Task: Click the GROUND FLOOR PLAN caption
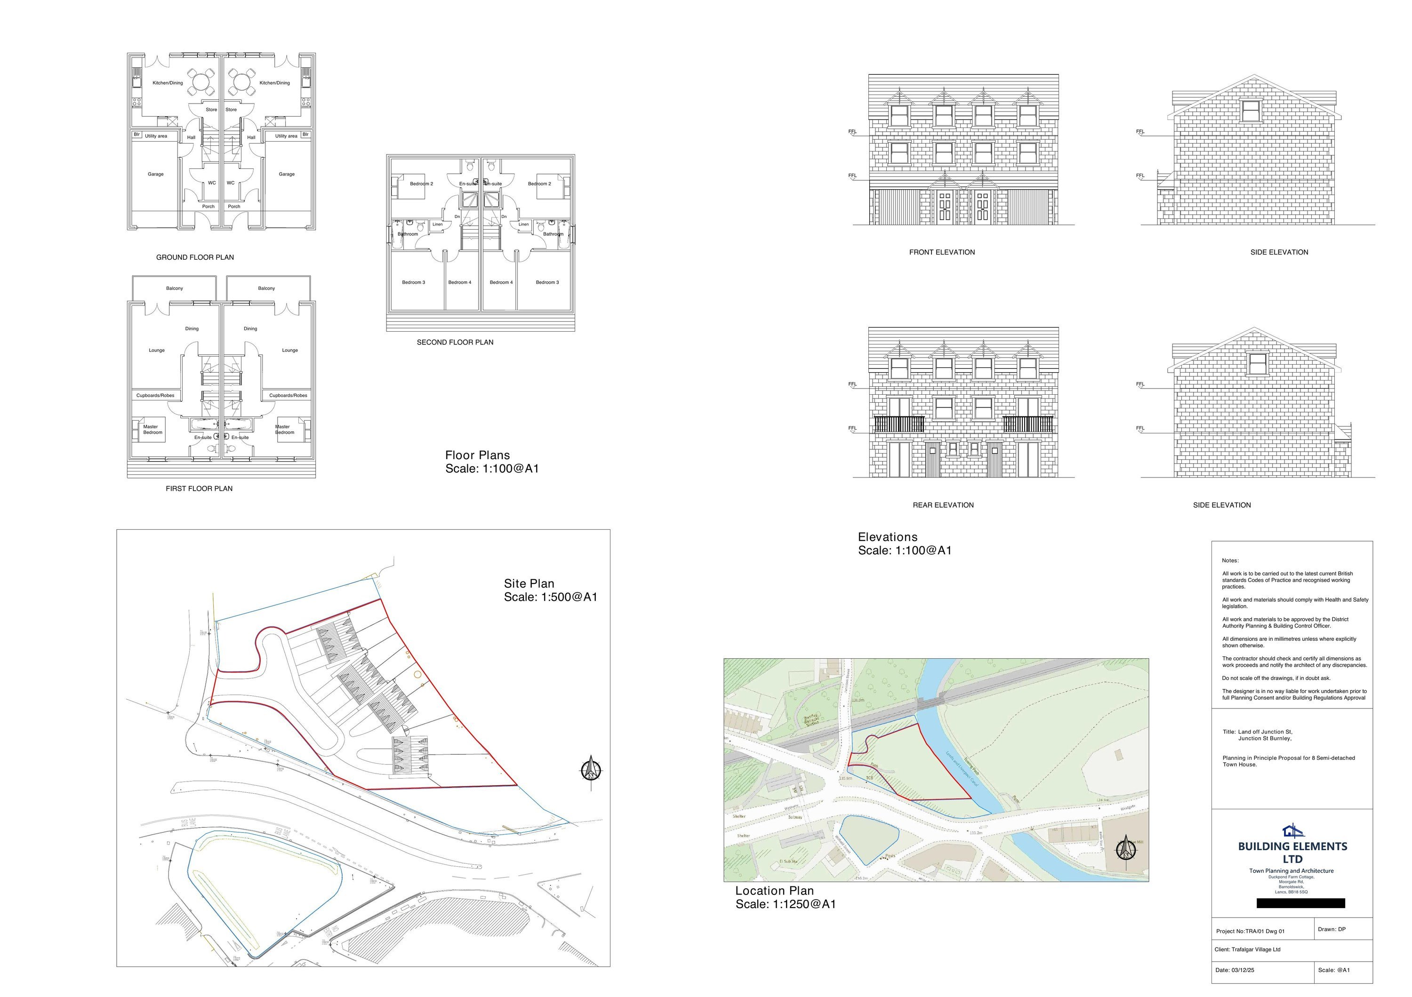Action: pyautogui.click(x=194, y=257)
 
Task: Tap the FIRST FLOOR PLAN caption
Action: pyautogui.click(x=199, y=489)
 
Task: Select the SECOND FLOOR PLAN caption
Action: pyautogui.click(x=455, y=343)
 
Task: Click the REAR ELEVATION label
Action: pyautogui.click(x=943, y=505)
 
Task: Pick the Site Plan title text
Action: pyautogui.click(x=529, y=584)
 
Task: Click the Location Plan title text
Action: pyautogui.click(x=774, y=891)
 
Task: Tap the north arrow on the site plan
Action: pyautogui.click(x=591, y=769)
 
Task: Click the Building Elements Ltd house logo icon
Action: pyautogui.click(x=1292, y=830)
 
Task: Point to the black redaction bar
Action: pyautogui.click(x=1300, y=903)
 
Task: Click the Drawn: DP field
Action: pyautogui.click(x=1332, y=929)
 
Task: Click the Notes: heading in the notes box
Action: pyautogui.click(x=1230, y=560)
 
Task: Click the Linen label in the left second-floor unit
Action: pyautogui.click(x=437, y=224)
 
